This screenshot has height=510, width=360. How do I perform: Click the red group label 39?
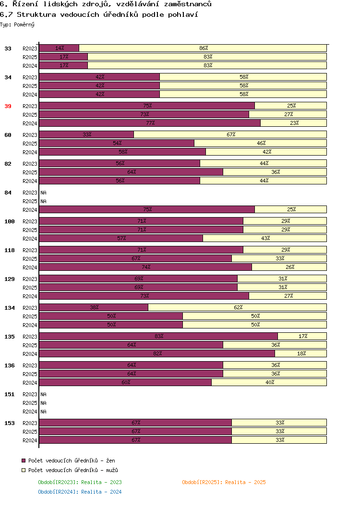pos(8,106)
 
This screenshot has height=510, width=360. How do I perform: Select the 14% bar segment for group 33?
pos(59,48)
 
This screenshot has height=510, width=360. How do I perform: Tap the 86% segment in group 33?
pos(203,48)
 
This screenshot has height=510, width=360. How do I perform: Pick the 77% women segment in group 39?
pos(150,123)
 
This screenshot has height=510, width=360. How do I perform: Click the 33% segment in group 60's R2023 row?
pos(86,134)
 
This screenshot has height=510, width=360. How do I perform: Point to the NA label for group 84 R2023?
pos(43,193)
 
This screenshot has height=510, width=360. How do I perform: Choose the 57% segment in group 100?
pos(121,238)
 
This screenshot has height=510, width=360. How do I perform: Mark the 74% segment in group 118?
pos(145,267)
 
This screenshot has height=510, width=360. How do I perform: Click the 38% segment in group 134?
pos(94,307)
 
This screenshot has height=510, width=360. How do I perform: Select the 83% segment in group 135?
pos(158,336)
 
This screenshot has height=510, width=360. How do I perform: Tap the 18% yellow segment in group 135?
pos(301,353)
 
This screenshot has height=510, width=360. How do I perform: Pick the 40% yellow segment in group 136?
pos(269,382)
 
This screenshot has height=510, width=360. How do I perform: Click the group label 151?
pos(10,394)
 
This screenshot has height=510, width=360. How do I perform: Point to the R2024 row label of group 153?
pos(30,440)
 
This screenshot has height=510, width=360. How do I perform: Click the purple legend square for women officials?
pos(24,461)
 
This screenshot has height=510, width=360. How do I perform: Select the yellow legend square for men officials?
pos(24,470)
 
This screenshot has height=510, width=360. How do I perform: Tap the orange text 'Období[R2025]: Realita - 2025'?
pos(224,482)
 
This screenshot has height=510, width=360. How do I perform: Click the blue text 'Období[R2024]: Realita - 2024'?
pos(80,492)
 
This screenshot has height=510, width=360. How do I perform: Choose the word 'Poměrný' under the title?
pos(24,24)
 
